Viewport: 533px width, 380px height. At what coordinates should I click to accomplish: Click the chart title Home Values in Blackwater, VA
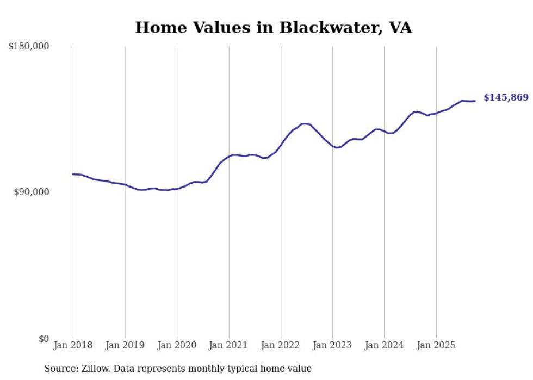274,28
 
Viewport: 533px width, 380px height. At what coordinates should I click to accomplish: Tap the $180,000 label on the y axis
29,47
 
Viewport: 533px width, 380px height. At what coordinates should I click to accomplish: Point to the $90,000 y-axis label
31,192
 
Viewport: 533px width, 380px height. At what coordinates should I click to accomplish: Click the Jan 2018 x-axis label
73,345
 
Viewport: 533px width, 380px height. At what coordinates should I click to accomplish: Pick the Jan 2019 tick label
125,345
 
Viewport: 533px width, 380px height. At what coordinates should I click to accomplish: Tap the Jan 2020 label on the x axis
177,345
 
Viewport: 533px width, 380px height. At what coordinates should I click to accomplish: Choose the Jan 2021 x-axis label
229,345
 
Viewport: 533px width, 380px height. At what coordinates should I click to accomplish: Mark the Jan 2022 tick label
281,345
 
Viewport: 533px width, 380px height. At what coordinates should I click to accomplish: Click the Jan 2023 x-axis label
332,345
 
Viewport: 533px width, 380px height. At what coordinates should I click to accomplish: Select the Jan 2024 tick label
385,345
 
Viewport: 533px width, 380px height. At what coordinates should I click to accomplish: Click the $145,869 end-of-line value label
506,98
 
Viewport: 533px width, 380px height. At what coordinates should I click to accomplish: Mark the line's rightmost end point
475,101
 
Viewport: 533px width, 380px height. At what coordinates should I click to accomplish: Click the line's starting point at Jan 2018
73,174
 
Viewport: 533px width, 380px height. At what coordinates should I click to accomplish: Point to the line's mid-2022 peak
305,123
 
